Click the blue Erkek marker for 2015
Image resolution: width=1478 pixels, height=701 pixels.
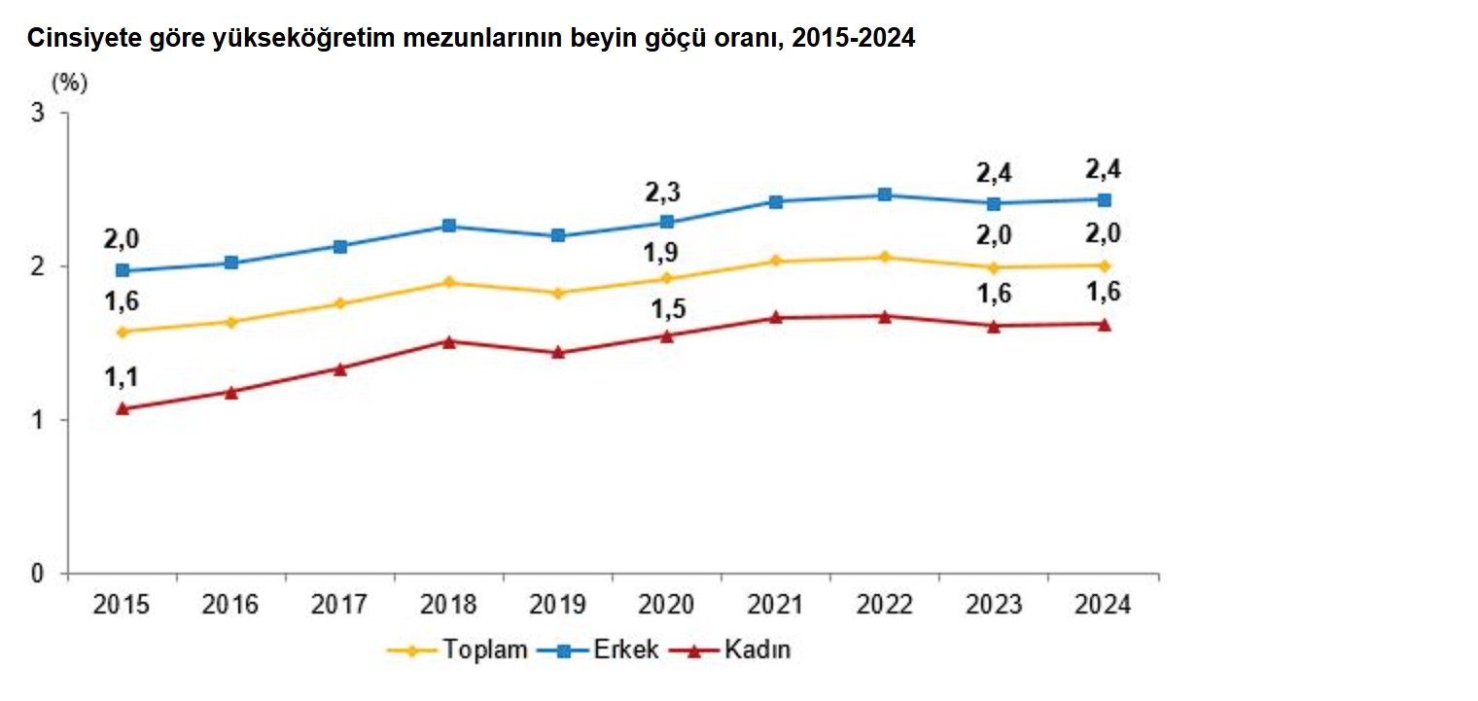coord(123,270)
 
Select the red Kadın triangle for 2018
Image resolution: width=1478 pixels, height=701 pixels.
coord(449,341)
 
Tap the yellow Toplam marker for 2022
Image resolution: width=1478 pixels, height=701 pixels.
coord(885,257)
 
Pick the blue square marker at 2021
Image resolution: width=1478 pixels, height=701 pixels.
coord(776,202)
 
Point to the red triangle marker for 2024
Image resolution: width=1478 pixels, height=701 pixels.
coord(1104,324)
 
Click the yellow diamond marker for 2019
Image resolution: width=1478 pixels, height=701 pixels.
coord(558,293)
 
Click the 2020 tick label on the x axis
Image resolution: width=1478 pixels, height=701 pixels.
coord(667,605)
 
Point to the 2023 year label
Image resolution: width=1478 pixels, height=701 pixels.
coord(994,605)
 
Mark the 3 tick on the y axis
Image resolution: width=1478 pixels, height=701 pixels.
coord(39,113)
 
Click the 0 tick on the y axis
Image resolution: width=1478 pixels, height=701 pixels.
coord(39,574)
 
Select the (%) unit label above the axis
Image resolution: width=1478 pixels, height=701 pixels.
coord(69,83)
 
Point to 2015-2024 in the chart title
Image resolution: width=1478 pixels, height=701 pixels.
coord(853,38)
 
